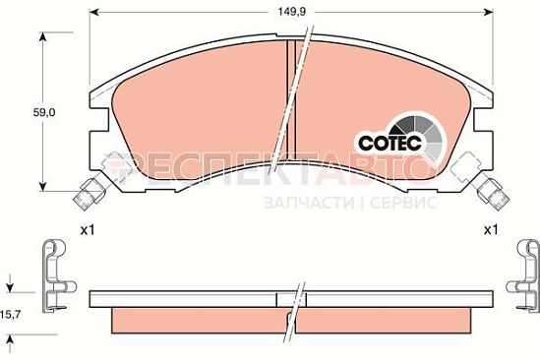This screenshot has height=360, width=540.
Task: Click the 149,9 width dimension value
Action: click(292, 12)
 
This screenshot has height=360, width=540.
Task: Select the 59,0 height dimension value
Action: click(44, 112)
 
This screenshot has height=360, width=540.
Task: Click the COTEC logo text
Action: click(390, 143)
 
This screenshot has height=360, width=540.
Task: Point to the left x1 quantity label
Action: click(88, 230)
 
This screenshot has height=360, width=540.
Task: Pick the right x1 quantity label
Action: click(491, 230)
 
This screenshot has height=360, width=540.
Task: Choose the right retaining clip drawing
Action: click(523, 276)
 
